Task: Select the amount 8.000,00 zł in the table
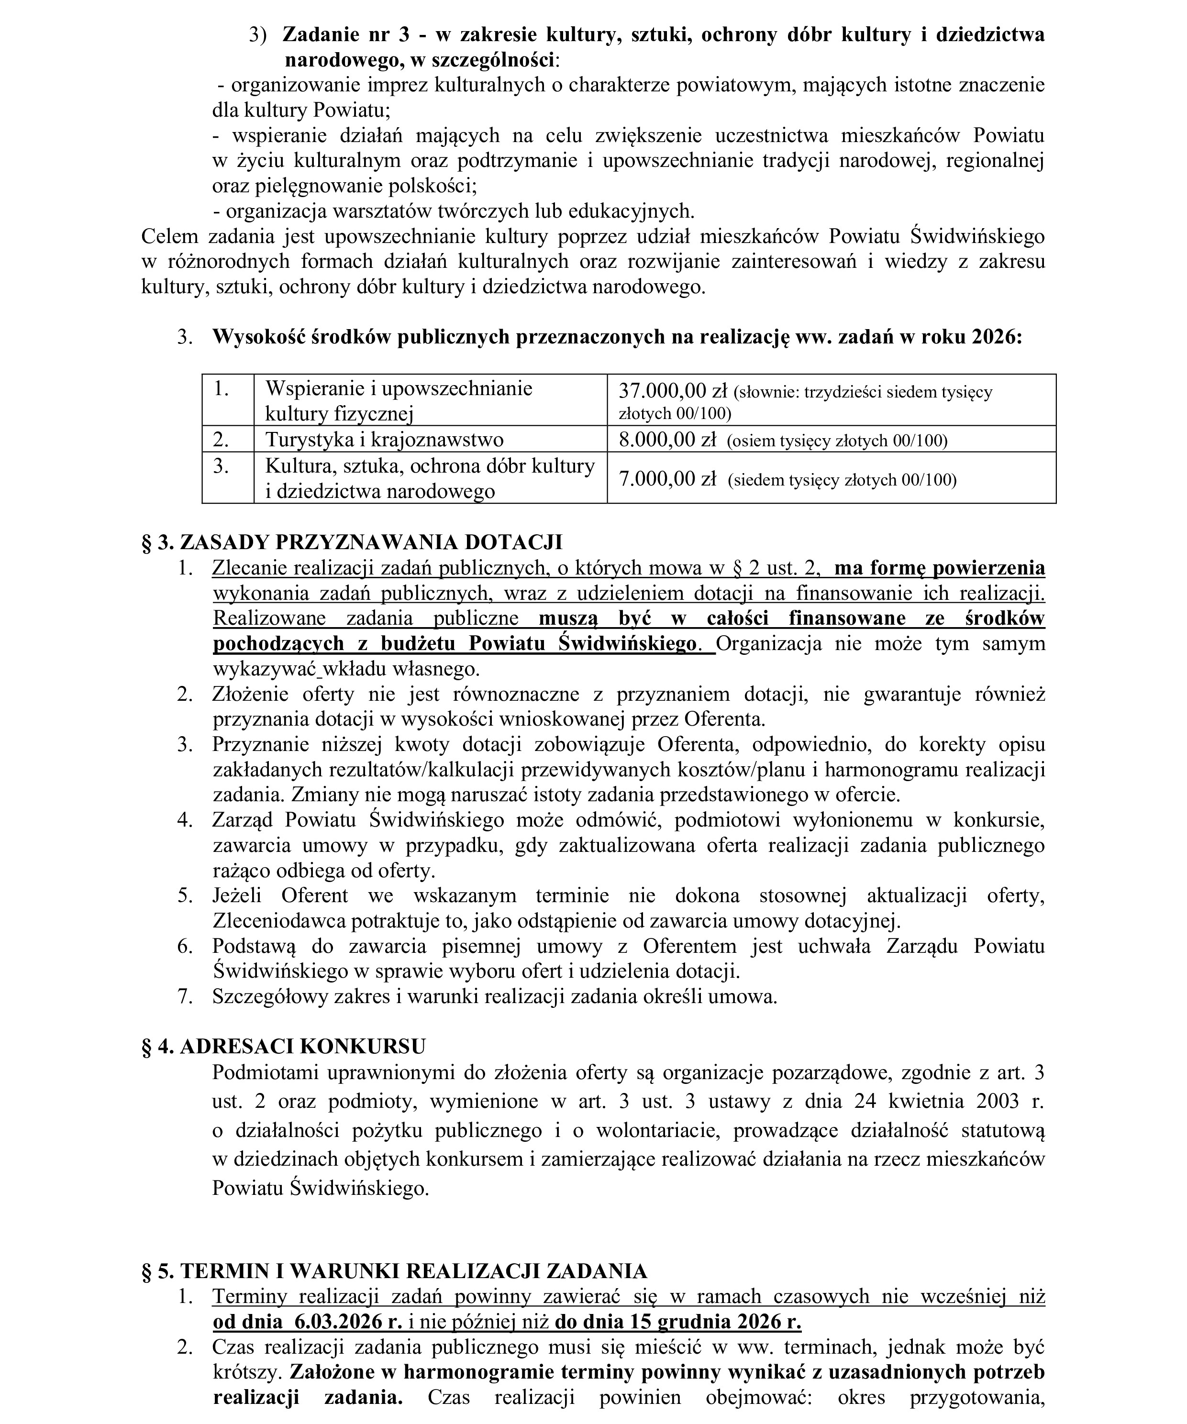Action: pyautogui.click(x=667, y=440)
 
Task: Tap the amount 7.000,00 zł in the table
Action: pyautogui.click(x=667, y=479)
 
